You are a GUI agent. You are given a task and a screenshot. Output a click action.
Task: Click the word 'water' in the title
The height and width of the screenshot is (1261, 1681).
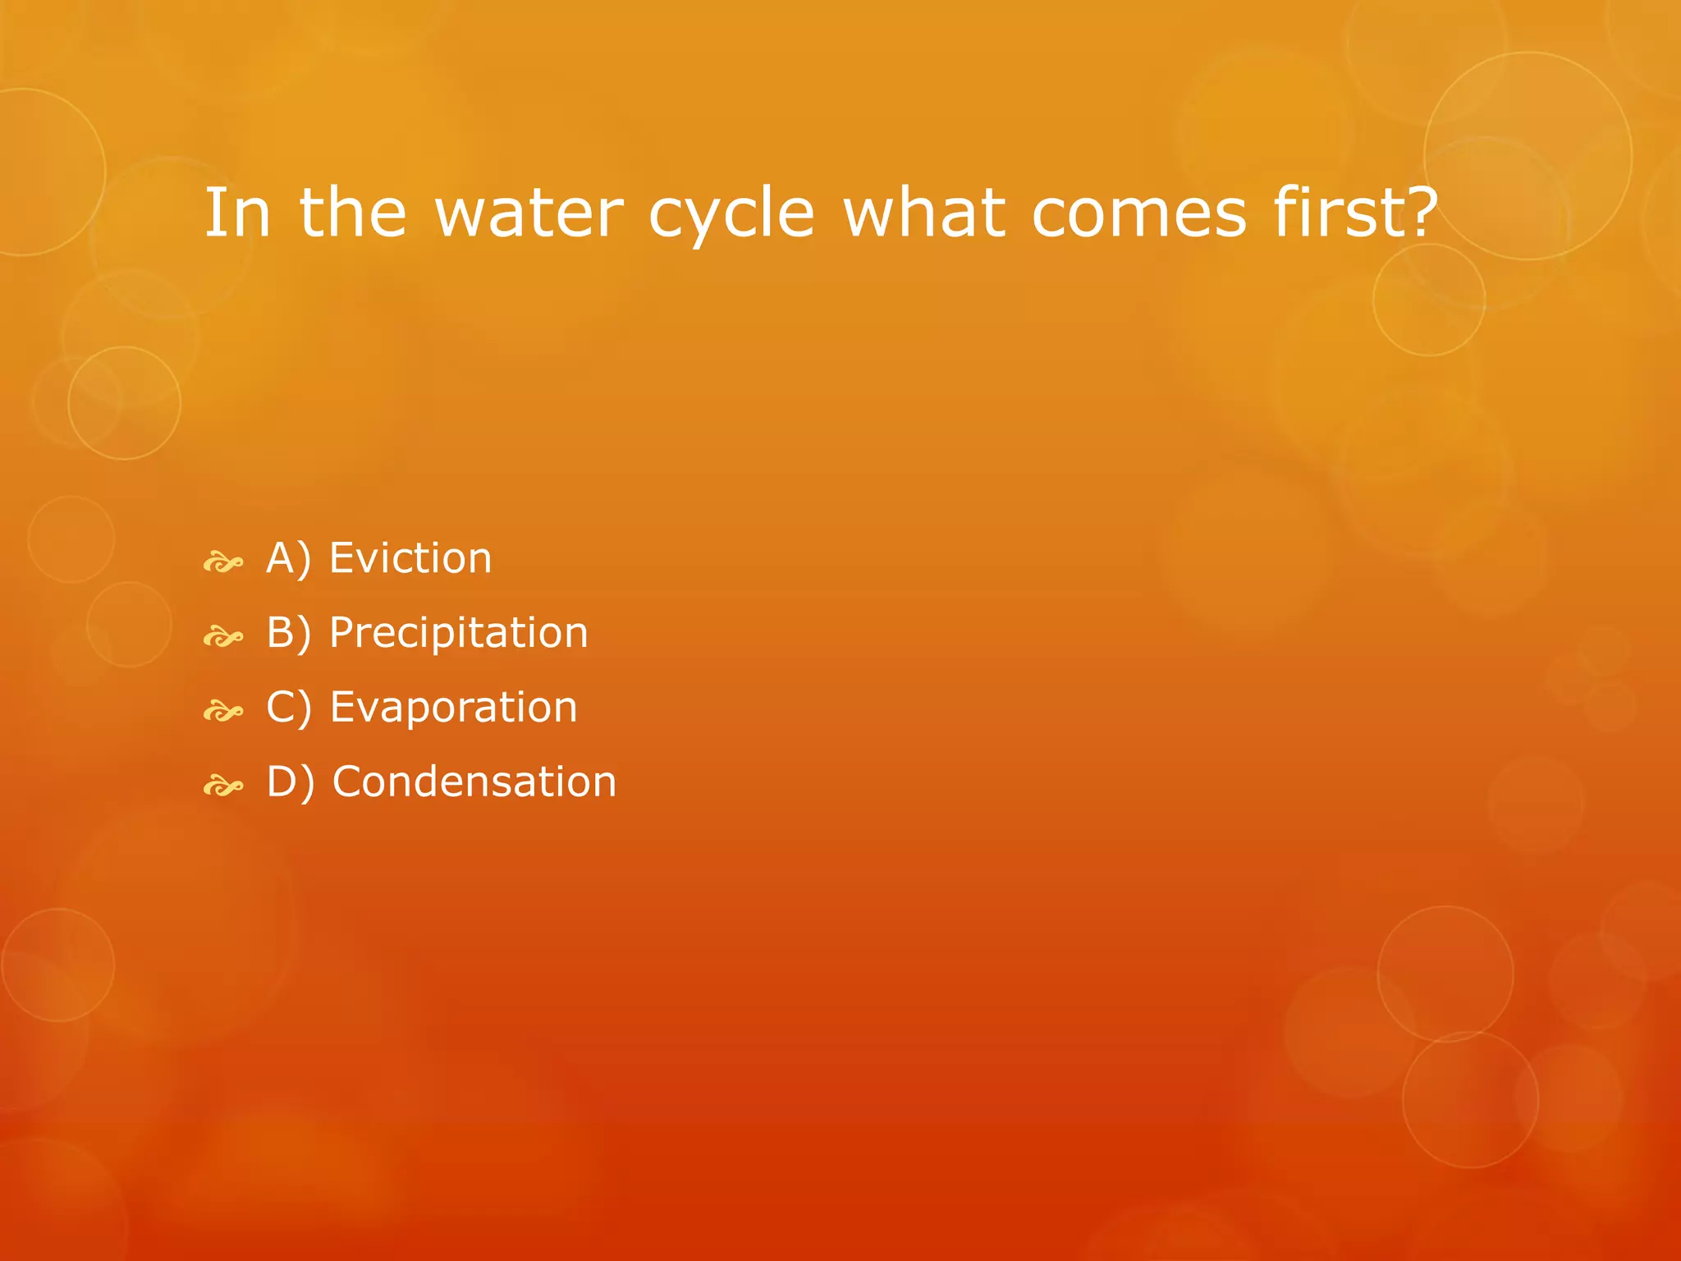(529, 213)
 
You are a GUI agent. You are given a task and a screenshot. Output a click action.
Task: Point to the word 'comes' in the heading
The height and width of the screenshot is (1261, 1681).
(1138, 215)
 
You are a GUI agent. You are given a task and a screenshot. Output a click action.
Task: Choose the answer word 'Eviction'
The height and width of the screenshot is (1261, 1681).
(410, 558)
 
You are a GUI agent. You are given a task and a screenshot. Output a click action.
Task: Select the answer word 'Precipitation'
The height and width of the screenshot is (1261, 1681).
(458, 633)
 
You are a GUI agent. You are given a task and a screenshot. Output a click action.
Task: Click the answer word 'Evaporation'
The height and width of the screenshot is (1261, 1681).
(453, 707)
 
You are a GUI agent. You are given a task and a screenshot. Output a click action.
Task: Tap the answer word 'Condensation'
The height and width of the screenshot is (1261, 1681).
(474, 782)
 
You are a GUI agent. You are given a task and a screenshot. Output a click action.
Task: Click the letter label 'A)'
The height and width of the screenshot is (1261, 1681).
(289, 559)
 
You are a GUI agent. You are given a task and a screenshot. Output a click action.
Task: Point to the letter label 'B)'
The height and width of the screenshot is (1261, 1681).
(289, 634)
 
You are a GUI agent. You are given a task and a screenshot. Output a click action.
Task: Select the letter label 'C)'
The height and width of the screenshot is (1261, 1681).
(289, 708)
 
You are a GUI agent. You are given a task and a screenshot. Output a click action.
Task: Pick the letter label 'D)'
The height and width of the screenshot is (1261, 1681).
(291, 782)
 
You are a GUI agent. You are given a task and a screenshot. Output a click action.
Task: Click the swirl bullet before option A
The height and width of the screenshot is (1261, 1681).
(223, 563)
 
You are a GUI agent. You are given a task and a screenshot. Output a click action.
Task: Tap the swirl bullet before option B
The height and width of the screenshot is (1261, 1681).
(223, 637)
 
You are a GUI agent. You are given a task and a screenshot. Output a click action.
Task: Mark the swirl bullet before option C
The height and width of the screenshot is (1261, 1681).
(223, 711)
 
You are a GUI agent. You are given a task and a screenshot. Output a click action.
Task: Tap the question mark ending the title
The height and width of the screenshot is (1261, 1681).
(1422, 212)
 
